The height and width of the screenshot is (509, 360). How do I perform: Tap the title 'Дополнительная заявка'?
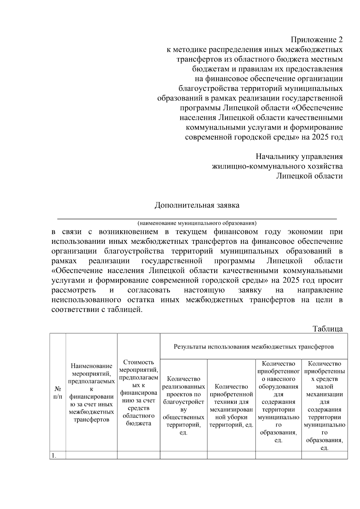click(x=197, y=205)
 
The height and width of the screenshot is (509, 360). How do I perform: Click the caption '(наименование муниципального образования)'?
click(x=197, y=223)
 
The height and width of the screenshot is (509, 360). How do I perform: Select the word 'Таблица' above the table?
click(x=328, y=328)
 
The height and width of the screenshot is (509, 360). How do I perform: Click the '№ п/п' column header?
click(x=58, y=393)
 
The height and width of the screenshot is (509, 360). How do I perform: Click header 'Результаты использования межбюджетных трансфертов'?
click(x=253, y=347)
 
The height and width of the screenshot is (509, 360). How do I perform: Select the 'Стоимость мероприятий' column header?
click(x=138, y=393)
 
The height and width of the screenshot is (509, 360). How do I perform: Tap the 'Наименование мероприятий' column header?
click(x=91, y=393)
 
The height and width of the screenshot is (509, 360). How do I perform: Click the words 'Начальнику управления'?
click(x=299, y=157)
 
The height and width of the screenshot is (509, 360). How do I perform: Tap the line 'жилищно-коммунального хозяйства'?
click(x=277, y=166)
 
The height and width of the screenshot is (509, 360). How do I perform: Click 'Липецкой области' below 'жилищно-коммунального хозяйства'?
click(x=309, y=176)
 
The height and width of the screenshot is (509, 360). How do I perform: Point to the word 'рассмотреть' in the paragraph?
click(x=74, y=290)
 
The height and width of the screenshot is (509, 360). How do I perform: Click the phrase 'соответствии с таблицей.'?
click(x=97, y=309)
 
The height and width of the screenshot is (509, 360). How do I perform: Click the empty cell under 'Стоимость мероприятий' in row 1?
click(x=138, y=455)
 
